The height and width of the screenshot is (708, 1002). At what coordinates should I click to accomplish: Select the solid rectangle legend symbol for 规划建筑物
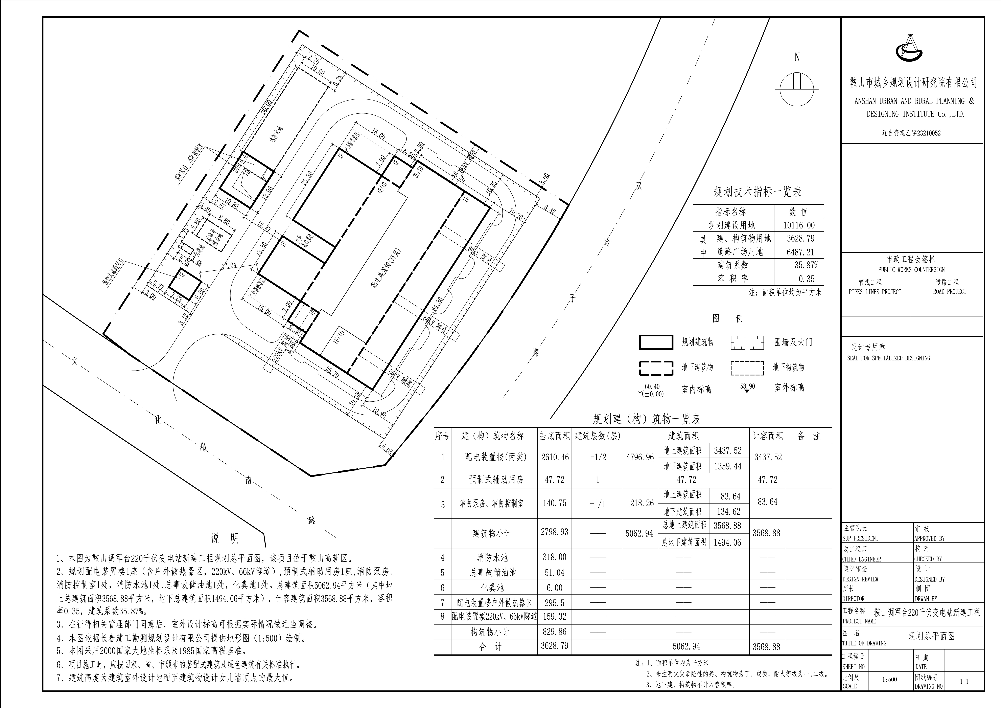click(655, 342)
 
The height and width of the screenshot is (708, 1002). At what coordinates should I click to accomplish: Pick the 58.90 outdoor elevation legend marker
click(747, 388)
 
